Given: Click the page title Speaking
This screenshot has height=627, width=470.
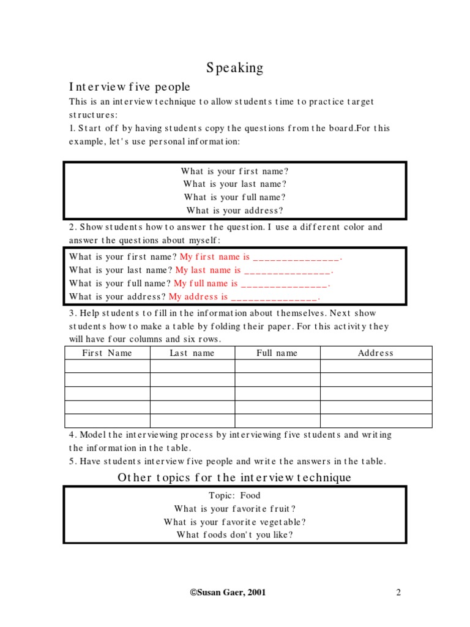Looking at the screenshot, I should point(234,68).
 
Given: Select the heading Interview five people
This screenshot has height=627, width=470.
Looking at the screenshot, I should point(129,86).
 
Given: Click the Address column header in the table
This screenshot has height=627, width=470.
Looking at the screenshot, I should point(375,353).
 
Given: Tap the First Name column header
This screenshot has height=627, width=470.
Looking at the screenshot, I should point(107,353).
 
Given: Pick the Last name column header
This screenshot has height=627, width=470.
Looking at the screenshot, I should point(192,353).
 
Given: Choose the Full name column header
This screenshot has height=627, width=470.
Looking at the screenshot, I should point(277,353).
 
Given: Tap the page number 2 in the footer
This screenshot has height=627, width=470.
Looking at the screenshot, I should point(398,592).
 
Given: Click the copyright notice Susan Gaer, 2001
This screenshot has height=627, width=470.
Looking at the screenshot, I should point(228,592).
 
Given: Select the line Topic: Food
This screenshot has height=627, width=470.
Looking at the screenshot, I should point(234,496).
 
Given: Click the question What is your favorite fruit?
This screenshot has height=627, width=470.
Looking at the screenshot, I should point(234,509).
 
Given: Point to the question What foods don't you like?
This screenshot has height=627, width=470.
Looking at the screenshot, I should point(234,535).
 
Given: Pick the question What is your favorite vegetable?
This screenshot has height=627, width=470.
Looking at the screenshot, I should point(234,522).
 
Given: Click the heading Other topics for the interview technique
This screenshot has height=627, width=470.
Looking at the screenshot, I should point(234,478).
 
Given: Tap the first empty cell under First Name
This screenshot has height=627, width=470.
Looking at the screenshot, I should point(107,366).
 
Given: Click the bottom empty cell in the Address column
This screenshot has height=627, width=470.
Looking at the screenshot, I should point(376,421).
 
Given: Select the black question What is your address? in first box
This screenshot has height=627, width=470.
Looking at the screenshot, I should point(234,211).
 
